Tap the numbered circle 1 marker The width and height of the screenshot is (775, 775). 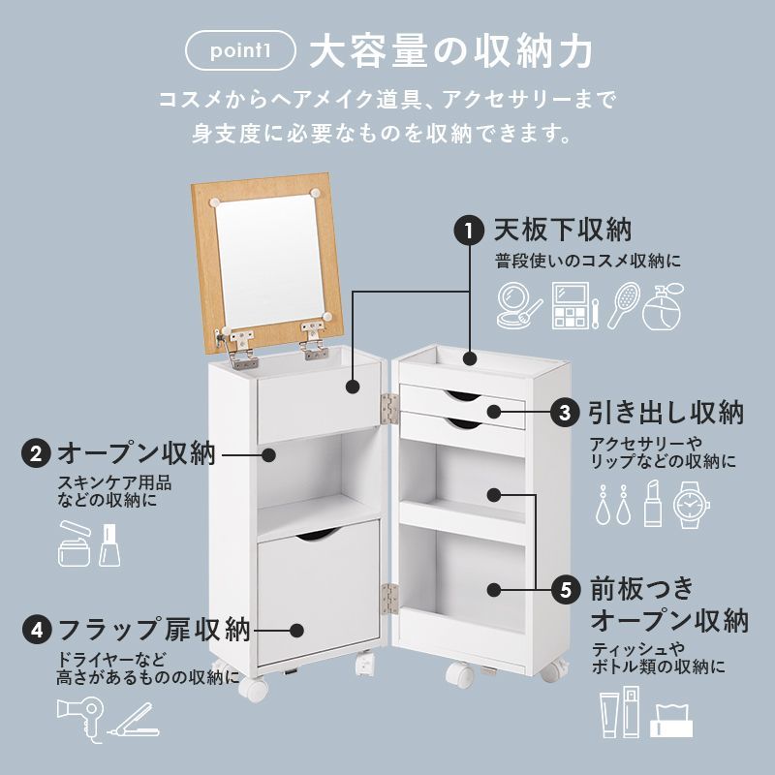click(469, 232)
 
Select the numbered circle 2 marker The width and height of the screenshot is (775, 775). click(36, 453)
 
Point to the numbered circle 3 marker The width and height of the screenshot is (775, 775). click(566, 413)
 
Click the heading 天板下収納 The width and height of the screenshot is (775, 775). click(563, 231)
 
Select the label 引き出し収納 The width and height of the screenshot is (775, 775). click(666, 413)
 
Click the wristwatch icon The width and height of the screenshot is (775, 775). click(692, 504)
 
